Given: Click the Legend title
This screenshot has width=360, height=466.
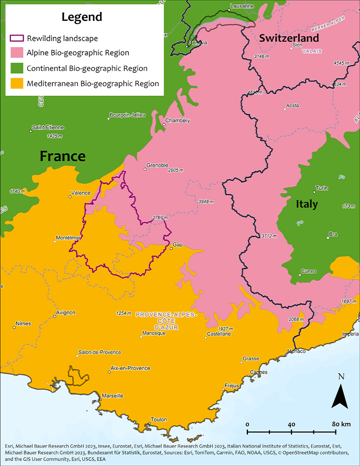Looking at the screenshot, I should pos(82,17).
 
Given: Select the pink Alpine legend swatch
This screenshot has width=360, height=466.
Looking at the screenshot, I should pos(17,53).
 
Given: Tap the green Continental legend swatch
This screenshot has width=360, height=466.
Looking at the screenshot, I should pos(17,69).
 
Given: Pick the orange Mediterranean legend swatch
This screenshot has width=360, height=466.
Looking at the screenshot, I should pos(17,84).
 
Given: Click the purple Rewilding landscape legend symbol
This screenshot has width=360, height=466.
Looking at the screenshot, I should pos(17,38).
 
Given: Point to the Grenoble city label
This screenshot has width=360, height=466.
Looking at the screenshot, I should pos(157,165).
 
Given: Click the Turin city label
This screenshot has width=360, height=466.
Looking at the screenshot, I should pos(321,188).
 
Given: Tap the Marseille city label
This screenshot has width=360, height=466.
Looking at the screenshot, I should pos(112,395).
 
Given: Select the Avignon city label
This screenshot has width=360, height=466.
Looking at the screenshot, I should pos(65,313).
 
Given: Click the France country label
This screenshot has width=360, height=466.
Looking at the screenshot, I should pos(62,156).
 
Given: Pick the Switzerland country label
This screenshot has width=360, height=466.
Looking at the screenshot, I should pos(289,38).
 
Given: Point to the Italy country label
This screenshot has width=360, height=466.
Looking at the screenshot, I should pos(307,204).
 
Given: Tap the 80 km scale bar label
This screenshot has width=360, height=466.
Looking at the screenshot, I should pos(340,424).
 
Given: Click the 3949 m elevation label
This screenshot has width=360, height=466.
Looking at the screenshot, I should pos(206,201).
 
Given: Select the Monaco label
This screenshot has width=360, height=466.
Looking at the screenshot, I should pos(296,351).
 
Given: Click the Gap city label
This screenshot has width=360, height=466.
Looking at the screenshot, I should pos(177,244).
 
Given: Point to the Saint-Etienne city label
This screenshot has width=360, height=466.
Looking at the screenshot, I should pos(48,127).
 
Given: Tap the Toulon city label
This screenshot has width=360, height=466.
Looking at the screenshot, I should pos(159,420).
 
